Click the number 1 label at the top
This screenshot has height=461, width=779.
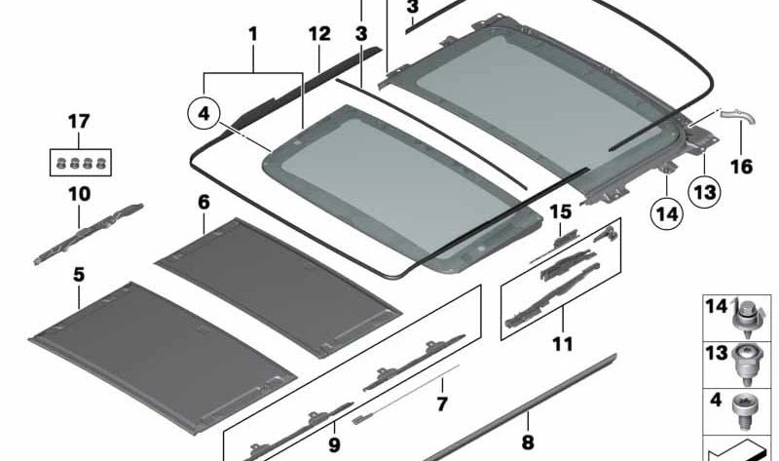(253, 35)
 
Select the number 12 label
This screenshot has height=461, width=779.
(320, 35)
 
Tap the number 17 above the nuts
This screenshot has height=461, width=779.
(78, 122)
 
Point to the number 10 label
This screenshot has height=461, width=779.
(79, 194)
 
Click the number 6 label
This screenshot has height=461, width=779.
(204, 203)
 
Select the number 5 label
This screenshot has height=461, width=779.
(79, 276)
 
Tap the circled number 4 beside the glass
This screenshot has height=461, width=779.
(204, 115)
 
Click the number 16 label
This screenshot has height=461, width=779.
(741, 166)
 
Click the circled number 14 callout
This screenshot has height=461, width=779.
(664, 211)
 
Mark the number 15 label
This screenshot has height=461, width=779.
(560, 211)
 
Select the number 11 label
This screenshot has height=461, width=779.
(562, 343)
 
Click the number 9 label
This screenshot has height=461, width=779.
(333, 445)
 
